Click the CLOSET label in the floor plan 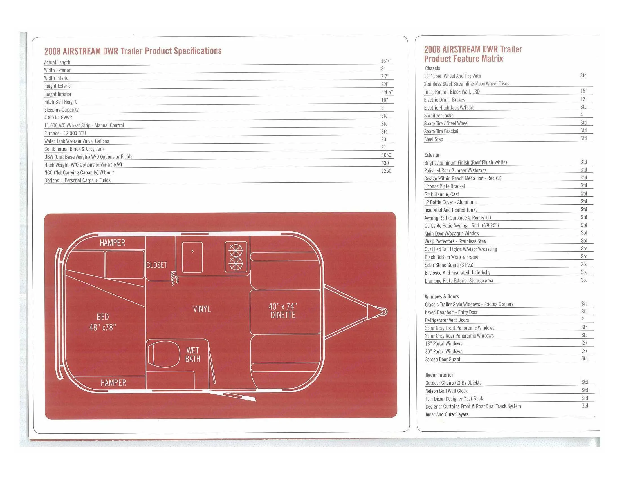pyautogui.click(x=157, y=265)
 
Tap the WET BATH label pyautogui.click(x=193, y=355)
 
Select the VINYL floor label pyautogui.click(x=202, y=309)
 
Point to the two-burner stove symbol pyautogui.click(x=236, y=257)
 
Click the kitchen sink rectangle pyautogui.click(x=192, y=257)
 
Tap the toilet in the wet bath pyautogui.click(x=164, y=354)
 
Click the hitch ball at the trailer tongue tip pyautogui.click(x=384, y=312)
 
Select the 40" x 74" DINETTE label pyautogui.click(x=283, y=311)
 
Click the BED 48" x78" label pyautogui.click(x=103, y=322)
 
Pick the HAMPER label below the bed pyautogui.click(x=113, y=383)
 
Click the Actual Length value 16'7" pyautogui.click(x=386, y=61)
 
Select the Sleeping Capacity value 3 pyautogui.click(x=382, y=108)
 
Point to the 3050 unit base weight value pyautogui.click(x=386, y=155)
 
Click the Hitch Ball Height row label pyautogui.click(x=60, y=102)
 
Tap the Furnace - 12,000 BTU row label pyautogui.click(x=65, y=133)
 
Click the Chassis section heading pyautogui.click(x=432, y=68)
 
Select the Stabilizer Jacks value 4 pyautogui.click(x=582, y=115)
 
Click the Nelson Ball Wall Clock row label pyautogui.click(x=447, y=391)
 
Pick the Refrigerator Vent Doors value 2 pyautogui.click(x=582, y=319)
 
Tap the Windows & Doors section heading pyautogui.click(x=441, y=296)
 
